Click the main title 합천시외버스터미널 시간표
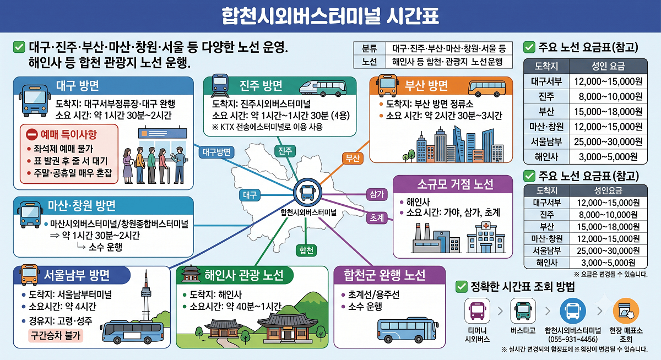click(330, 15)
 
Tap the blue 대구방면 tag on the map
click(216, 152)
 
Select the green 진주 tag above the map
click(285, 151)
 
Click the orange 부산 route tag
click(353, 159)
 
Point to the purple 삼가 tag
click(377, 195)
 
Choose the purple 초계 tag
click(377, 218)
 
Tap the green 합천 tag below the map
click(306, 250)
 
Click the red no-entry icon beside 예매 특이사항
click(31, 134)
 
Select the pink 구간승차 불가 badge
click(56, 335)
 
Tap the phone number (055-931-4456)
click(573, 339)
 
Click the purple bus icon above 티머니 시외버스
click(477, 311)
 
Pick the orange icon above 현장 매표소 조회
click(626, 311)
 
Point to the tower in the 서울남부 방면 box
click(146, 295)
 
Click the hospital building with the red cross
click(486, 238)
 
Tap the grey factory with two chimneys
click(436, 238)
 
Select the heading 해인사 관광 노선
click(243, 275)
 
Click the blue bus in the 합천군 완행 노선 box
click(408, 330)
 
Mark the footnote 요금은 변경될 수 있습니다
click(610, 275)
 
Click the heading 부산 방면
click(426, 85)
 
